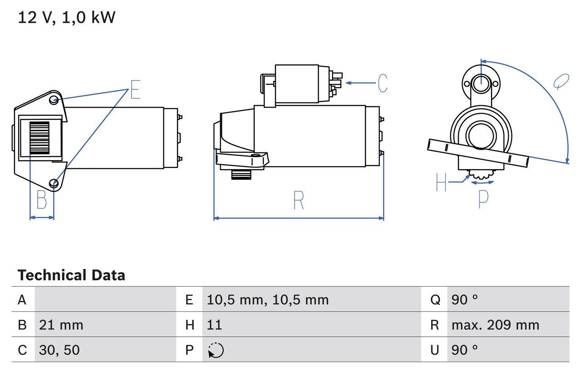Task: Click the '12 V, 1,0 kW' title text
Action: coord(67,18)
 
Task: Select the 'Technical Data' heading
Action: coord(71,275)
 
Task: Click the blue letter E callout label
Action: coord(135,89)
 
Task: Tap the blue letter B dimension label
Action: coord(42,200)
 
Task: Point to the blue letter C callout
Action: coord(383,83)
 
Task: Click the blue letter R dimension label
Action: coord(298,200)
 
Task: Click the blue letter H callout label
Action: coord(441,182)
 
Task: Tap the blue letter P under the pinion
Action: coord(483,199)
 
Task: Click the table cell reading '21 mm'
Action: coord(61,325)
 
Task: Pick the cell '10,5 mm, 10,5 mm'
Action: coord(267,300)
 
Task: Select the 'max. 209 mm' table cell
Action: coord(495,325)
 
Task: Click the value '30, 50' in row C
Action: coord(59,350)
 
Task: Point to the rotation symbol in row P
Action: coord(216,350)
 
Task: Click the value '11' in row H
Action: coord(214,325)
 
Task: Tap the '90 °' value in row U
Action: coord(464,350)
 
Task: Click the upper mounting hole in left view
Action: coord(54,100)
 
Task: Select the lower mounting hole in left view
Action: coord(54,183)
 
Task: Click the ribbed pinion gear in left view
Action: coord(39,138)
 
